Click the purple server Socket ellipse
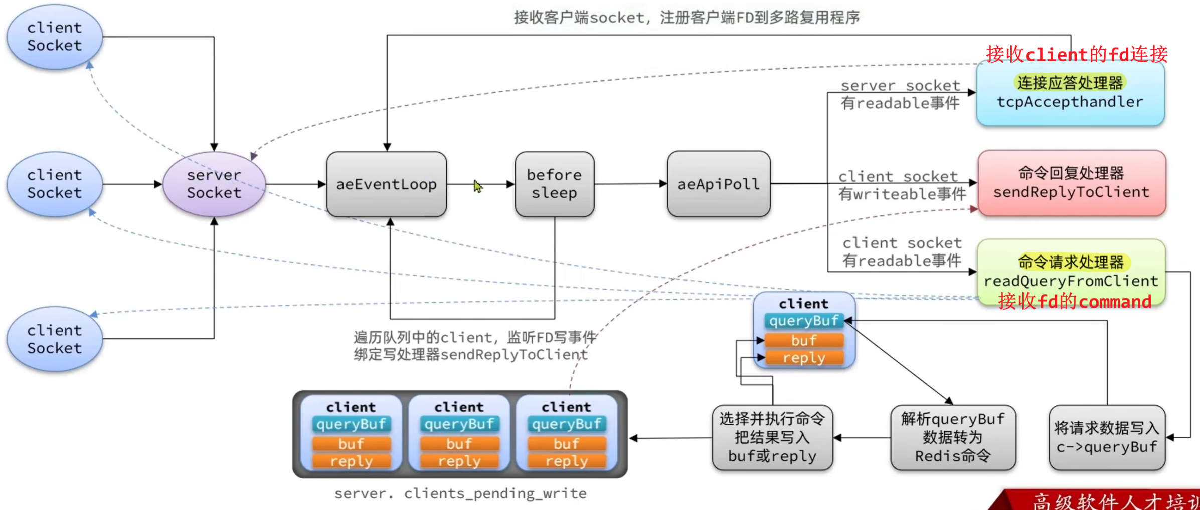pyautogui.click(x=214, y=184)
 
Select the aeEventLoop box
pyautogui.click(x=386, y=184)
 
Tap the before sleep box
pyautogui.click(x=554, y=184)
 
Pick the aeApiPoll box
pyautogui.click(x=718, y=184)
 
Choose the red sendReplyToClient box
pyautogui.click(x=1071, y=183)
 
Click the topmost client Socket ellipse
pyautogui.click(x=54, y=37)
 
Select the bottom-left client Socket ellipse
pyautogui.click(x=54, y=339)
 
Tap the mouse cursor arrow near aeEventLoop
pyautogui.click(x=477, y=186)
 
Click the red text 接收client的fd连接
pyautogui.click(x=1076, y=54)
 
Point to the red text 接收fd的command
pyautogui.click(x=1074, y=302)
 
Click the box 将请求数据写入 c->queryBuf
pyautogui.click(x=1106, y=437)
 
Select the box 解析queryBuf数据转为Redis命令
pyautogui.click(x=952, y=437)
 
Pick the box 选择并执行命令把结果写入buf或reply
pyautogui.click(x=772, y=437)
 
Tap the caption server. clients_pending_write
pyautogui.click(x=460, y=494)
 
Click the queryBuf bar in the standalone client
pyautogui.click(x=803, y=321)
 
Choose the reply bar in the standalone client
pyautogui.click(x=803, y=358)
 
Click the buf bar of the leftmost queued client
pyautogui.click(x=351, y=444)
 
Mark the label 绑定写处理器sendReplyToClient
pyautogui.click(x=470, y=355)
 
